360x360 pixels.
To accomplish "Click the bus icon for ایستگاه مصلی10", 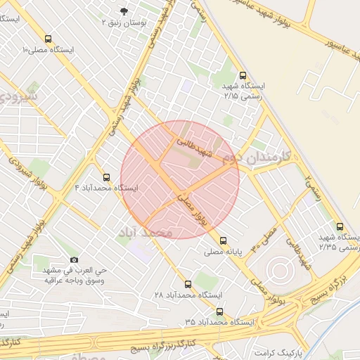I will [48, 39].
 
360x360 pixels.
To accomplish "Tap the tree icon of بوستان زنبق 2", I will [124, 11].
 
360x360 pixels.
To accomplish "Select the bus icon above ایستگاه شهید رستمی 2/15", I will [243, 75].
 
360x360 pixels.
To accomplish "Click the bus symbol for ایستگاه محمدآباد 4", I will [106, 177].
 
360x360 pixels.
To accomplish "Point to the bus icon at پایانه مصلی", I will [223, 240].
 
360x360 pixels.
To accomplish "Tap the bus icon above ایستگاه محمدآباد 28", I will [187, 284].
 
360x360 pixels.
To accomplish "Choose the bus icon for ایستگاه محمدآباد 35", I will [219, 311].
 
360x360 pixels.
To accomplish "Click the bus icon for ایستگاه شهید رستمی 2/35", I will [340, 227].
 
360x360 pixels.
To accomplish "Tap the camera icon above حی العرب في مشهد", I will [75, 260].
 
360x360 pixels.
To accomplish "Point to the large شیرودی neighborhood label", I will [15, 95].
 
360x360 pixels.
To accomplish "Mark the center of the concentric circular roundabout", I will [278, 270].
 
